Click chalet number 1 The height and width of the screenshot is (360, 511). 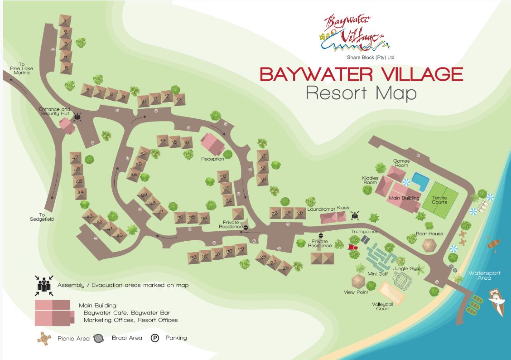pos(65,21)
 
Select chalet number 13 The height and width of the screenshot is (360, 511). pos(179,100)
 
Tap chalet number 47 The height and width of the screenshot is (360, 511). pos(75,158)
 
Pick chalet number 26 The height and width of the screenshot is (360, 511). pos(285,268)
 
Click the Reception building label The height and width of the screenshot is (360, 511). pos(212,159)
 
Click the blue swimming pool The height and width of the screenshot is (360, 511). pos(420,181)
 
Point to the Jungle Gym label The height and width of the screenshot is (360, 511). pos(406,269)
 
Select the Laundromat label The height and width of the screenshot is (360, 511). pos(321,209)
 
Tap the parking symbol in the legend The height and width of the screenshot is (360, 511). pos(155,338)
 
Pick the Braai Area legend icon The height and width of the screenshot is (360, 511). pos(98,338)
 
